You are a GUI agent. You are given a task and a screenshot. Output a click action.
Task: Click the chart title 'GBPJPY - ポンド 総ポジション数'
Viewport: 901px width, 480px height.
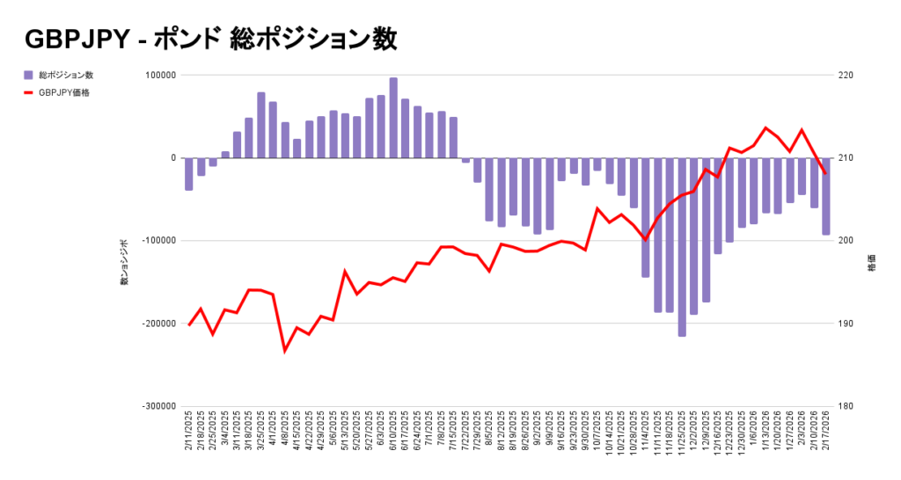pyautogui.click(x=211, y=39)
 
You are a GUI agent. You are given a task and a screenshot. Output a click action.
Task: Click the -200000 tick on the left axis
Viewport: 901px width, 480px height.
pyautogui.click(x=157, y=324)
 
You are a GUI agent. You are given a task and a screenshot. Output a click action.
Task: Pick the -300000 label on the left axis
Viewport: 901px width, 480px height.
pyautogui.click(x=157, y=406)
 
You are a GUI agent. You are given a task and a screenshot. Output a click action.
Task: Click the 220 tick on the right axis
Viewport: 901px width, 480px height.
pyautogui.click(x=846, y=76)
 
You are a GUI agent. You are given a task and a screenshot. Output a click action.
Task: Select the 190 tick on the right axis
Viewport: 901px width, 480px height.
pyautogui.click(x=846, y=324)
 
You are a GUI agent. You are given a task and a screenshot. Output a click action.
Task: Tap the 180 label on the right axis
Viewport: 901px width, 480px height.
pyautogui.click(x=846, y=406)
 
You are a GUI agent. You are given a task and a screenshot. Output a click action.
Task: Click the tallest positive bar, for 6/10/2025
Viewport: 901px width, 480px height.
pyautogui.click(x=393, y=118)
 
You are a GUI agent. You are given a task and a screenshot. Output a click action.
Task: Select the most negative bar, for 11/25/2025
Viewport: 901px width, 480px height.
pyautogui.click(x=682, y=247)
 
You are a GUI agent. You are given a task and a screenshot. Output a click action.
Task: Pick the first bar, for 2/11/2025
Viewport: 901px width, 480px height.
pyautogui.click(x=189, y=174)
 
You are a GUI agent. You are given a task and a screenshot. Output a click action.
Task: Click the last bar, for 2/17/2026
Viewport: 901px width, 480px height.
pyautogui.click(x=826, y=196)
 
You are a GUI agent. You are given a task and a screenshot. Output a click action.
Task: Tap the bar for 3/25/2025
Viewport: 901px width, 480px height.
pyautogui.click(x=261, y=125)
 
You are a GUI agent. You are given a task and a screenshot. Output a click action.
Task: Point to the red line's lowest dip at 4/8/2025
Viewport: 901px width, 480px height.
pyautogui.click(x=285, y=351)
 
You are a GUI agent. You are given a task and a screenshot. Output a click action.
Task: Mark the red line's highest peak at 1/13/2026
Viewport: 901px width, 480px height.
pyautogui.click(x=765, y=128)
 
